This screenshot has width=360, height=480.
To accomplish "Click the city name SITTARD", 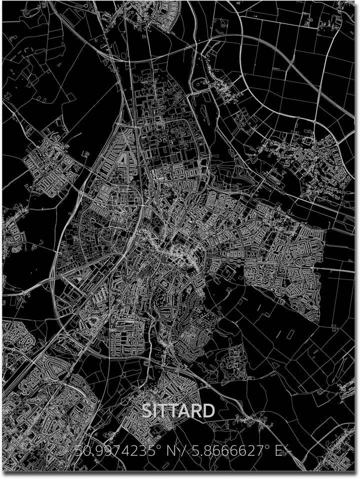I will coord(178,411).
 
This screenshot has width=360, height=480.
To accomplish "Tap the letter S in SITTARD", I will coord(147,411).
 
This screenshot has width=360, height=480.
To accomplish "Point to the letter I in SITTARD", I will coord(156,411).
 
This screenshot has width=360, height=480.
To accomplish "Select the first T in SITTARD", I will coord(164,411).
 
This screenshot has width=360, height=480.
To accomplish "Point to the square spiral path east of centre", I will coord(233,257).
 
